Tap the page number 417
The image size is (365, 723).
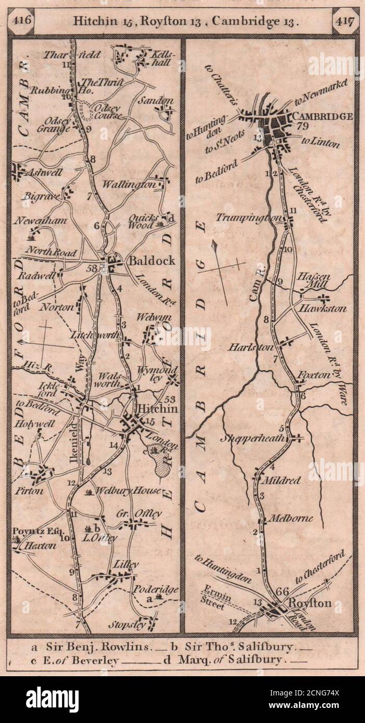(x=344, y=21)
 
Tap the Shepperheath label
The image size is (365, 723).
(x=254, y=438)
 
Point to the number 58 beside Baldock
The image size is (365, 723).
(x=93, y=268)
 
